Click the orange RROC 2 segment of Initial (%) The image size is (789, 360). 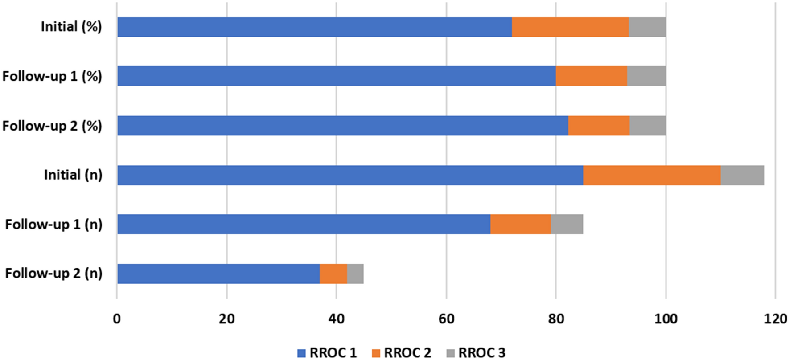[x=570, y=27]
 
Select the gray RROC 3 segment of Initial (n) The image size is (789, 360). [x=742, y=175]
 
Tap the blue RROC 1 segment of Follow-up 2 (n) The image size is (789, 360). [x=218, y=274]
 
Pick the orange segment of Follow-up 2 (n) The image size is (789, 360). [x=333, y=274]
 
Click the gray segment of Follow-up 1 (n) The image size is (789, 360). [x=567, y=224]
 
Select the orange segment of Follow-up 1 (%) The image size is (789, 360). [x=591, y=76]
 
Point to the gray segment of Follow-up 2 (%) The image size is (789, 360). [x=647, y=126]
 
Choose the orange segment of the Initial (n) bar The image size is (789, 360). [x=652, y=175]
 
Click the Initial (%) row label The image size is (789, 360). [x=71, y=27]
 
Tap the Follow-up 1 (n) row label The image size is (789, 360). [x=53, y=224]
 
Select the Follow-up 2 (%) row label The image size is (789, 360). [x=52, y=126]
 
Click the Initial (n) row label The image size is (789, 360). [x=73, y=175]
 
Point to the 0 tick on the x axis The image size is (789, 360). [x=117, y=319]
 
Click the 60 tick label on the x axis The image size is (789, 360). [x=446, y=319]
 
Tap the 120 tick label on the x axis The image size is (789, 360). [x=775, y=319]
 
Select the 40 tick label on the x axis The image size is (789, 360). [x=336, y=319]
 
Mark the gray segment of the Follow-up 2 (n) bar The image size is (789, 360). [x=355, y=274]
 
